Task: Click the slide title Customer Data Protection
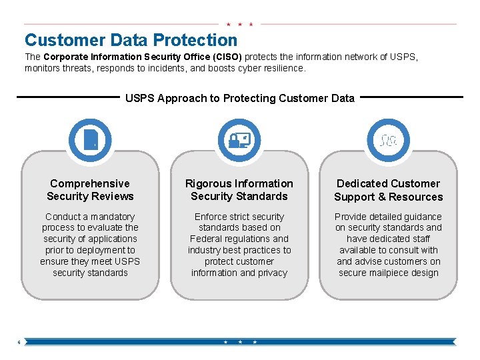(131, 41)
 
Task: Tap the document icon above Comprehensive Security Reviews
(90, 140)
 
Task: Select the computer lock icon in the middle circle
(239, 140)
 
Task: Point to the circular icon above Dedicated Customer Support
(389, 140)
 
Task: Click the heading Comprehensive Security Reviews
(90, 190)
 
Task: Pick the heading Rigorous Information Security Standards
(239, 190)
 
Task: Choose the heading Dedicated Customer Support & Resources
(389, 190)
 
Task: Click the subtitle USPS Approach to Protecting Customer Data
(240, 98)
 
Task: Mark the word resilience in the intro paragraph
(283, 68)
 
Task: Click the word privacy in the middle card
(271, 273)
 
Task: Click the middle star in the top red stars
(239, 24)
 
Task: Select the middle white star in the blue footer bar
(240, 341)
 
